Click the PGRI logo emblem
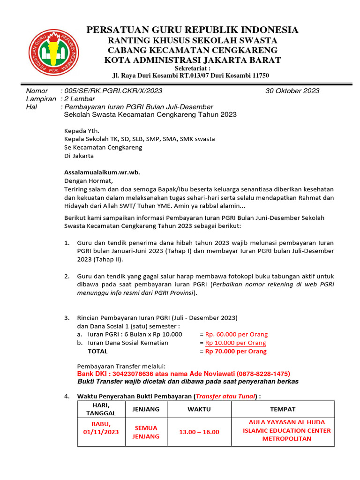[x=54, y=51]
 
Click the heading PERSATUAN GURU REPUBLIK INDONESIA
[x=192, y=30]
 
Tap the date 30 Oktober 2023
[x=292, y=91]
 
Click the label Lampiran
[x=40, y=99]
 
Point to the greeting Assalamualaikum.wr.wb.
[x=102, y=172]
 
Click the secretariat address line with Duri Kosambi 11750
[x=191, y=75]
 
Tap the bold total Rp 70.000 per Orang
[x=236, y=351]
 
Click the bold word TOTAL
[x=97, y=351]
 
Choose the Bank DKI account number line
[x=183, y=374]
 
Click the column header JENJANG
[x=146, y=409]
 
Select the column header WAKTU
[x=199, y=409]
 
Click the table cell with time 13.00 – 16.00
[x=199, y=432]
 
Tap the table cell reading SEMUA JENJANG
[x=146, y=432]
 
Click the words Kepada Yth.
[x=82, y=131]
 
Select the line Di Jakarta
[x=79, y=156]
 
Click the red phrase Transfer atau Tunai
[x=225, y=397]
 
